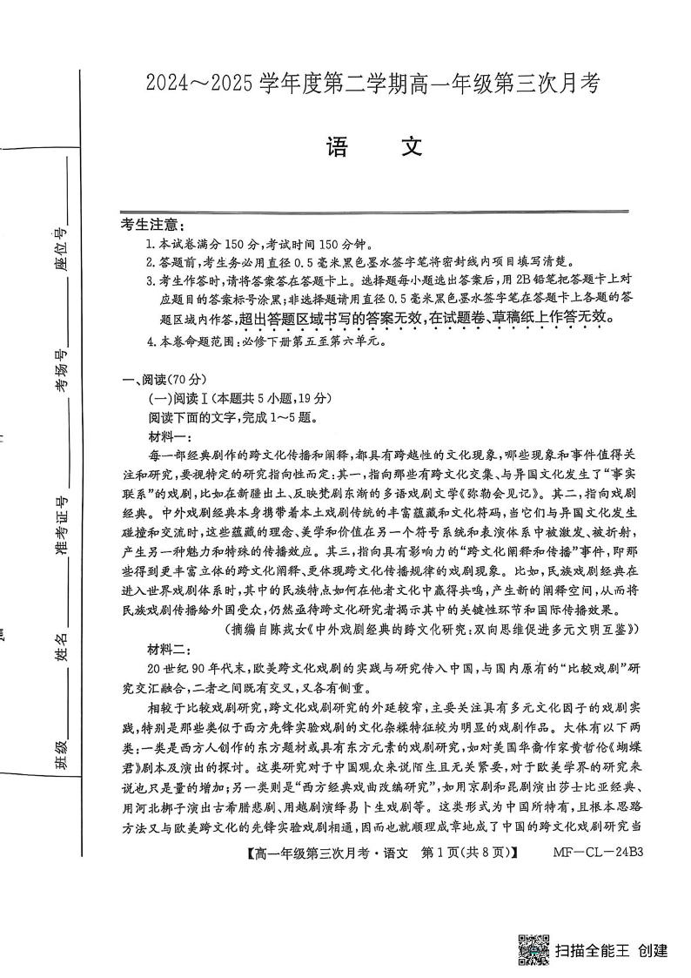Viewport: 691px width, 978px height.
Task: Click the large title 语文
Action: [374, 147]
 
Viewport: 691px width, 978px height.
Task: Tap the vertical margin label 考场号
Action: [61, 370]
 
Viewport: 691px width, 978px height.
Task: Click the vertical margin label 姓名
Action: [61, 649]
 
